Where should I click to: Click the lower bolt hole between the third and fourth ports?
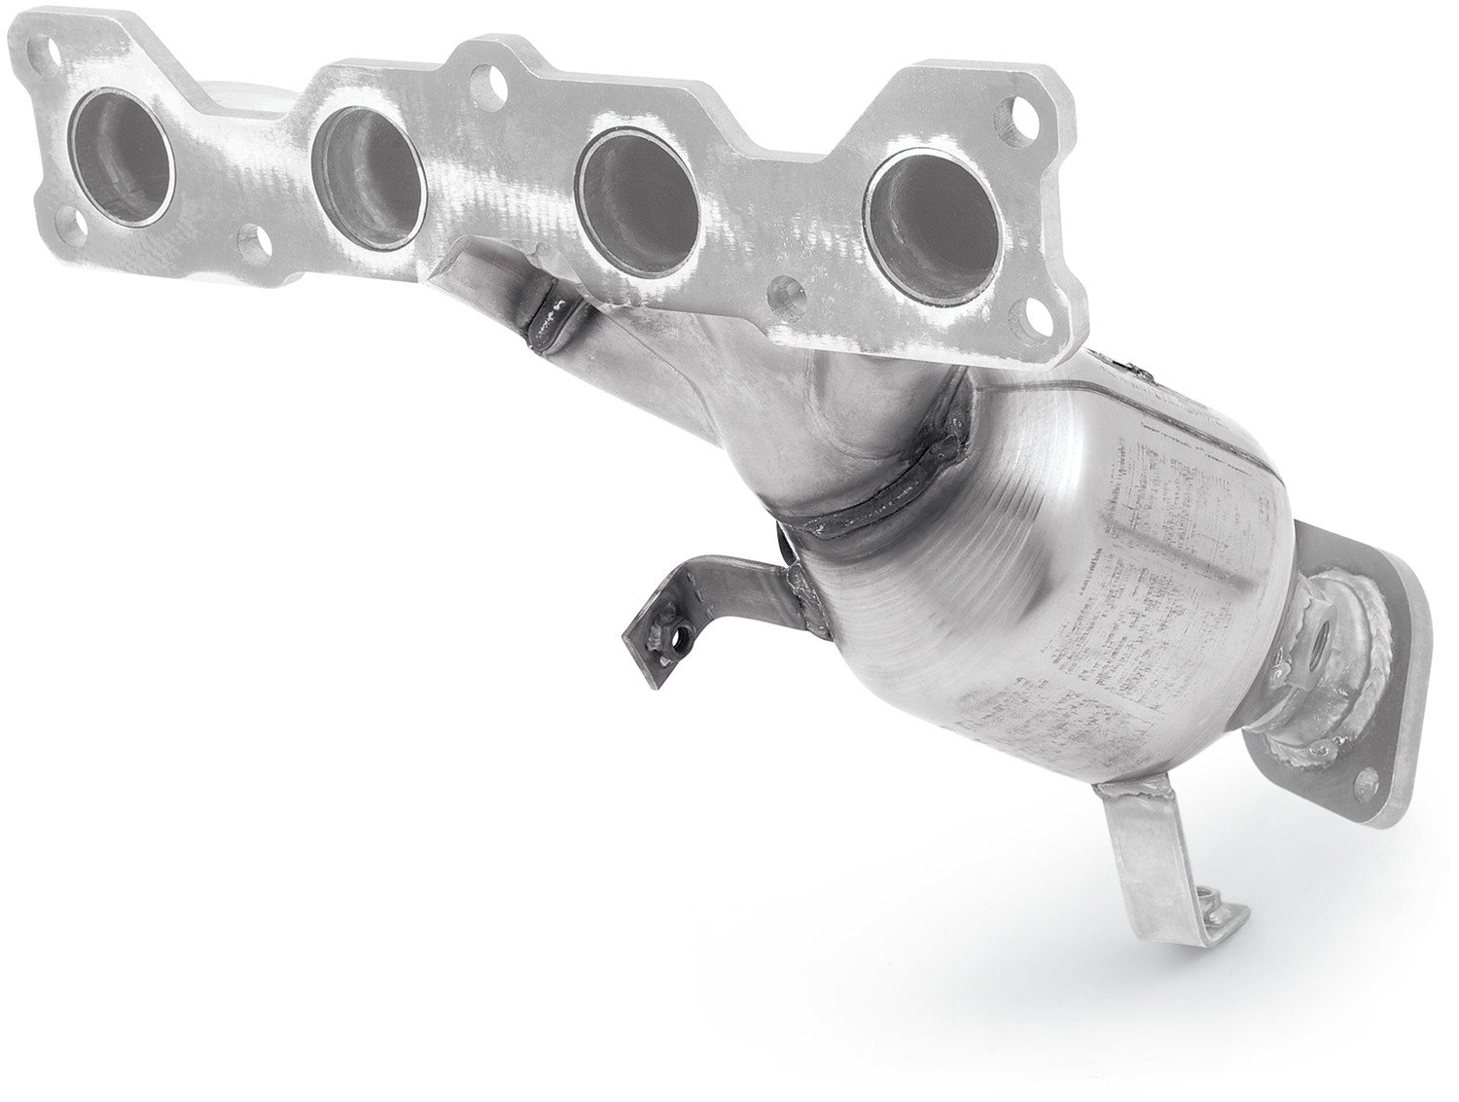click(x=786, y=293)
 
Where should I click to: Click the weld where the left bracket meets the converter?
click(x=802, y=598)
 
